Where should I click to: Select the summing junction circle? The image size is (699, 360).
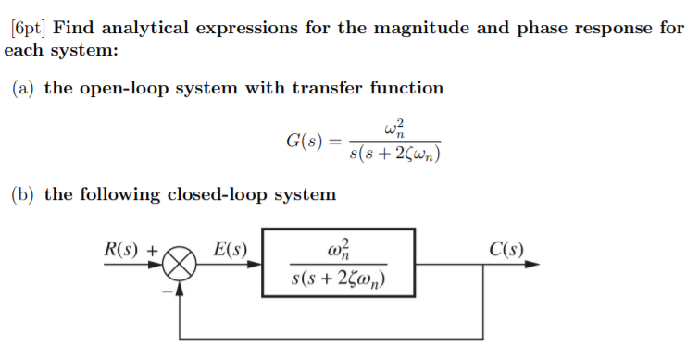coord(181,265)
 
